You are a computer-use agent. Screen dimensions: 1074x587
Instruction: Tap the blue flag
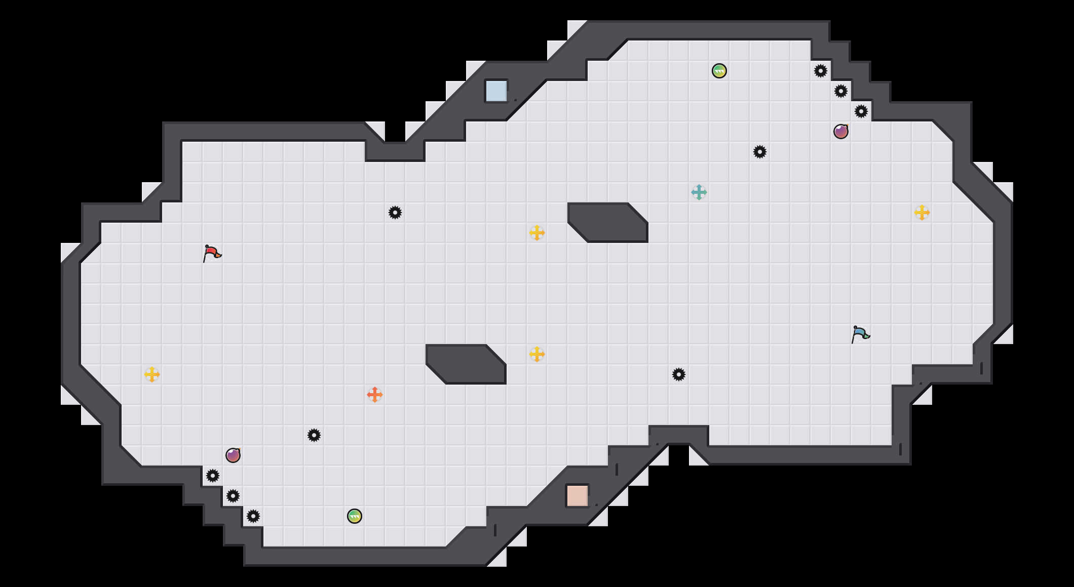point(860,334)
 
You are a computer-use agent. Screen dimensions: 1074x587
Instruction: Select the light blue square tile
point(496,91)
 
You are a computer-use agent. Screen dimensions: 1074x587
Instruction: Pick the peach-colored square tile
point(578,495)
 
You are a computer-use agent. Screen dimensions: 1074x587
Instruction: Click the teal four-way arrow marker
point(699,192)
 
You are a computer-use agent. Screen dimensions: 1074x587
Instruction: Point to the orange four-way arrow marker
point(375,395)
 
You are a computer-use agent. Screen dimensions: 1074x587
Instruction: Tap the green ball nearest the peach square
point(355,516)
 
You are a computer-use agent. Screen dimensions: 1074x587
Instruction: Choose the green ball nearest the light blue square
point(719,71)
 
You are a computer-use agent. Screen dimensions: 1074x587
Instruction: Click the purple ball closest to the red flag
point(233,455)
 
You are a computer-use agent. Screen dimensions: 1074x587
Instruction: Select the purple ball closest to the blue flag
point(841,132)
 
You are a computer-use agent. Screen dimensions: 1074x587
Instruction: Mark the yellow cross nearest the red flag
point(152,374)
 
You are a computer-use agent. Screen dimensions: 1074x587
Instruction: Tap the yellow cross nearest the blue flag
point(922,213)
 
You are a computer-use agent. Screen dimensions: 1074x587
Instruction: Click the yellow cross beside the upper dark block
point(537,233)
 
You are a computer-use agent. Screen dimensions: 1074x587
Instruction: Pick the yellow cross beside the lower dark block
point(537,354)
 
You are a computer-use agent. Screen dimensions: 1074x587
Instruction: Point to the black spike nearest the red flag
point(395,213)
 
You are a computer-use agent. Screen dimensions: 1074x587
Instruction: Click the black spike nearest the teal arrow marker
point(760,152)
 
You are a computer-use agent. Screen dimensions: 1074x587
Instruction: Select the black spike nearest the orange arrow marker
point(314,435)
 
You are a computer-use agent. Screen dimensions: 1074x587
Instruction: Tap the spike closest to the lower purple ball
point(213,476)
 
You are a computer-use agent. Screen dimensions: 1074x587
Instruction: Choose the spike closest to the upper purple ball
point(861,111)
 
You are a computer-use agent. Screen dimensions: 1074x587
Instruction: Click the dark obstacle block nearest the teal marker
point(608,223)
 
